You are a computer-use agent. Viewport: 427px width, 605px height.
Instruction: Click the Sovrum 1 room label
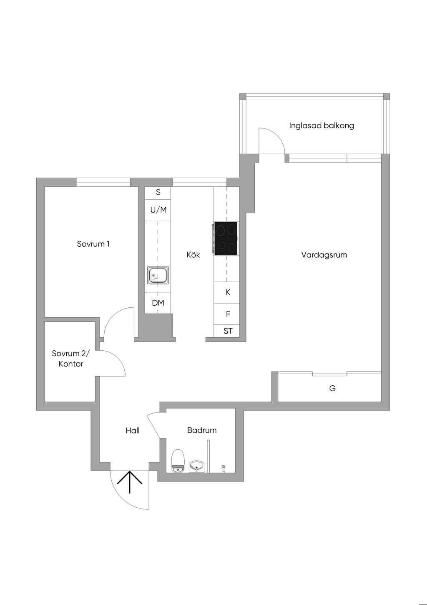93,244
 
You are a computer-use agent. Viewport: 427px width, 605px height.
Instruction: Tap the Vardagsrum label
324,255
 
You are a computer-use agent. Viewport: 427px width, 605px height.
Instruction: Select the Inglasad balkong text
322,125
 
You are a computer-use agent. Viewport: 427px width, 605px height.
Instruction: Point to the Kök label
193,255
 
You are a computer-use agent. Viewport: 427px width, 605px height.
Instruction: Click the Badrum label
202,430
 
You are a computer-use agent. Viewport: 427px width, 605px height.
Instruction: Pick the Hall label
133,430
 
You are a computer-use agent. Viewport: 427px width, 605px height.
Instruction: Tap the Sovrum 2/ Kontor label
70,359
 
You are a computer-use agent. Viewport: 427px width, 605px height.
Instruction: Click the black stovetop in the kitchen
226,238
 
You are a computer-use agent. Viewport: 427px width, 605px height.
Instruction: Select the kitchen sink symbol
158,275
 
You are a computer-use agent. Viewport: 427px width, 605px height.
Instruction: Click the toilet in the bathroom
178,461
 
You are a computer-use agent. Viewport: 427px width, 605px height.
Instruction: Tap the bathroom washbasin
197,466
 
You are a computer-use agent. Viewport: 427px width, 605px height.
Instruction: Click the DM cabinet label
158,303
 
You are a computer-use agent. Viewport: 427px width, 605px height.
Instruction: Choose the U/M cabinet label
158,210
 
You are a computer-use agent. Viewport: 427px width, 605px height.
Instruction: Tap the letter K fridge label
228,292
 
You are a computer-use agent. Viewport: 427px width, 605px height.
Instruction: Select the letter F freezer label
228,314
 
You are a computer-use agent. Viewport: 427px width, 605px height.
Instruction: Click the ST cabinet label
228,331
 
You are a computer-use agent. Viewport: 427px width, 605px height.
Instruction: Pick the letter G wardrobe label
332,388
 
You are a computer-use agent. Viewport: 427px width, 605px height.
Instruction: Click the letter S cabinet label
158,192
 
